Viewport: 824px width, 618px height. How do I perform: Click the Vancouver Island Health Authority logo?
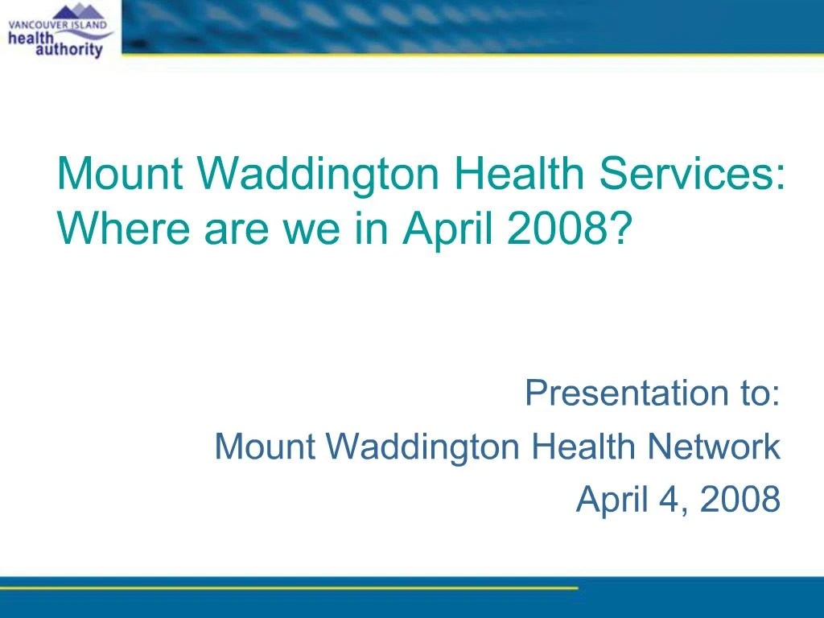(x=60, y=30)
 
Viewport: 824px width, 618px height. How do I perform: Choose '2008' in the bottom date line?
(x=740, y=500)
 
